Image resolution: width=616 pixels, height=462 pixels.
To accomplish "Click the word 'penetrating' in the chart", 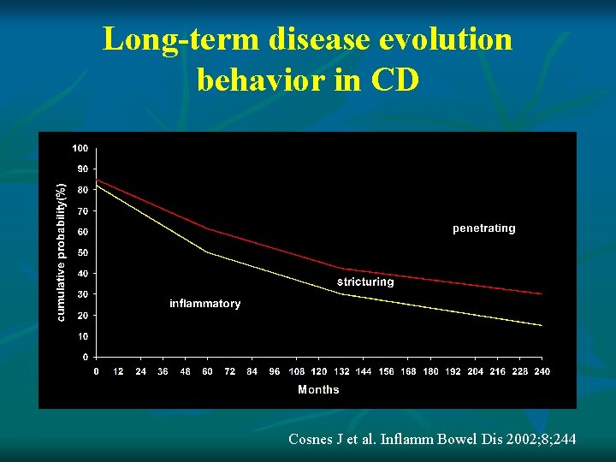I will click(x=483, y=228).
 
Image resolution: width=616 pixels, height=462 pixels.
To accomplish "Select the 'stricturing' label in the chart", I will click(x=365, y=281).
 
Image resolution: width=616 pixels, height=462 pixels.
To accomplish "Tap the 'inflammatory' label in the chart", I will click(x=205, y=304).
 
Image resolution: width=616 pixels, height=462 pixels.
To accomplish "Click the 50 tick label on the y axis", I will click(x=82, y=252).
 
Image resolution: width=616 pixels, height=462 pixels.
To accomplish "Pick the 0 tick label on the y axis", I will click(x=85, y=357).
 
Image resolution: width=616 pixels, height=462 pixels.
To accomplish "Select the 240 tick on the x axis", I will click(x=542, y=371).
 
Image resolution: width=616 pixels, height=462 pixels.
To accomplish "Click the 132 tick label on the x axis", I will click(x=341, y=371).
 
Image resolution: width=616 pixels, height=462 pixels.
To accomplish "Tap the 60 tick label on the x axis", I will click(x=207, y=371).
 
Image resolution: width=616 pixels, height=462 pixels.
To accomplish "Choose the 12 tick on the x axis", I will click(x=118, y=371).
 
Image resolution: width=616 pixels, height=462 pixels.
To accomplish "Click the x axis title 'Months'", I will click(x=318, y=389).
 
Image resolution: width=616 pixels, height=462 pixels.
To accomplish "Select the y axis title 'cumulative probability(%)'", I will click(x=61, y=252).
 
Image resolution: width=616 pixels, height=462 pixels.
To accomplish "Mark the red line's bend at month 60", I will click(x=207, y=228).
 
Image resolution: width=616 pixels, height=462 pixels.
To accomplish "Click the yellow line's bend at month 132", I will click(x=341, y=294).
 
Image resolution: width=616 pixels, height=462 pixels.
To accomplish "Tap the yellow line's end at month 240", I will click(x=542, y=325).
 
